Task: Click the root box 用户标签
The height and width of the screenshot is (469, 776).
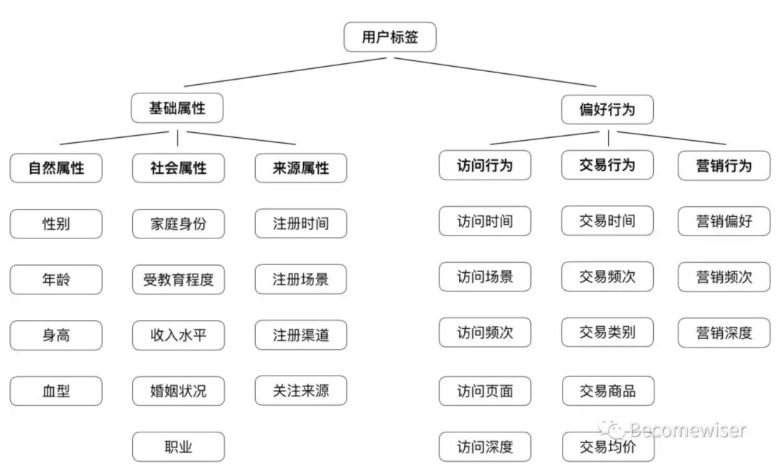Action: [x=389, y=37]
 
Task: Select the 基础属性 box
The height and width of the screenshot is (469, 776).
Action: [x=177, y=108]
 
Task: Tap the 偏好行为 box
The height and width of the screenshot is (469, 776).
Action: [x=607, y=110]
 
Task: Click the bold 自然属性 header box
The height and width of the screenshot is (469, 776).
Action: [x=56, y=168]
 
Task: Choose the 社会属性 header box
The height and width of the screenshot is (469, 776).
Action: [x=178, y=168]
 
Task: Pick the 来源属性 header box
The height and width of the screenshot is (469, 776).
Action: [x=301, y=168]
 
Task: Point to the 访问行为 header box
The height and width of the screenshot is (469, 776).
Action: [x=485, y=165]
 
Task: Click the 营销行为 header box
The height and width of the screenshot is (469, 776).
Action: [x=724, y=165]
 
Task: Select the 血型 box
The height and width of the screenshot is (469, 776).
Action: [x=56, y=391]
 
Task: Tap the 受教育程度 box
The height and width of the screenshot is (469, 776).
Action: [x=178, y=279]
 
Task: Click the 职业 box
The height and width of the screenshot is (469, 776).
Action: [x=178, y=447]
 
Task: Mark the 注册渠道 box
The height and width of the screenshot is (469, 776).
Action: [x=301, y=335]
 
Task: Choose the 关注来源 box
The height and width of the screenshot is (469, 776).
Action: [x=301, y=391]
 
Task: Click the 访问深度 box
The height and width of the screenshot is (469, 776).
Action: [x=485, y=447]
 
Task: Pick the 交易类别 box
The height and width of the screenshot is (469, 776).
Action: [x=608, y=332]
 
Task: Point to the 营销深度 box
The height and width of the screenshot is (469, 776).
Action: [x=724, y=332]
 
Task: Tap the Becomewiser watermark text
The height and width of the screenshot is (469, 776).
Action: [x=686, y=429]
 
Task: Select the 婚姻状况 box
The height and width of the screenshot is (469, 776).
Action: [x=178, y=391]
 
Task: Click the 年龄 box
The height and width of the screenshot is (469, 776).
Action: [x=56, y=279]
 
